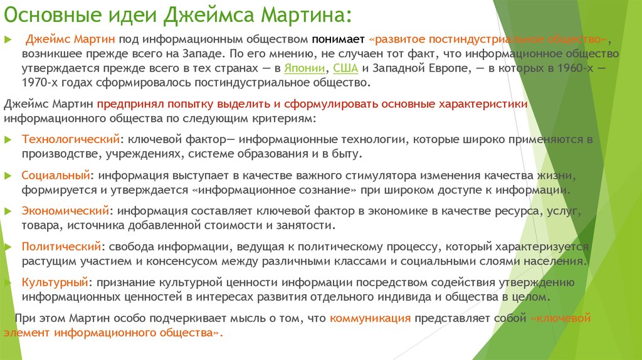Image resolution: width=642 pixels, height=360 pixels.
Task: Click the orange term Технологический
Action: point(70,139)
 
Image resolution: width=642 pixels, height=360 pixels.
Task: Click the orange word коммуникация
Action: point(370,318)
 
